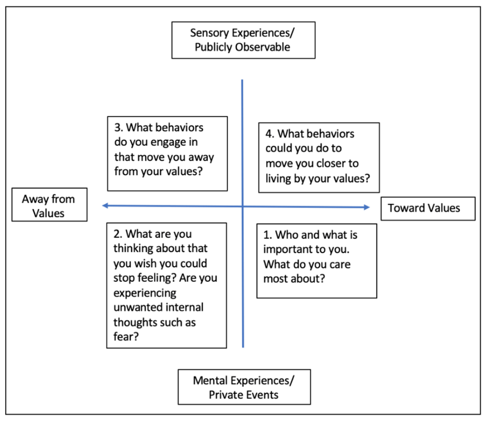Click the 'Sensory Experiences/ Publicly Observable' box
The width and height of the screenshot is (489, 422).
(x=243, y=40)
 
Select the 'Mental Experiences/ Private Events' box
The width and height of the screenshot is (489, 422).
(x=244, y=387)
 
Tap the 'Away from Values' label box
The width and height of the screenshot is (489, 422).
(x=49, y=204)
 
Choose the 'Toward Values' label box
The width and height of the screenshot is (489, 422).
(x=428, y=208)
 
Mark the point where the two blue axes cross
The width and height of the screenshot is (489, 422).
(x=243, y=206)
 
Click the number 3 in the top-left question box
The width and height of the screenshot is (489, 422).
(x=117, y=127)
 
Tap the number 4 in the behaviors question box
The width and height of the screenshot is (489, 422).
(x=269, y=134)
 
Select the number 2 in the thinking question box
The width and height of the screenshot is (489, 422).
(x=117, y=234)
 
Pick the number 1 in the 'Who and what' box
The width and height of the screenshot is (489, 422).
(x=266, y=235)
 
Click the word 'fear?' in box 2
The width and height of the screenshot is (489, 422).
(x=126, y=337)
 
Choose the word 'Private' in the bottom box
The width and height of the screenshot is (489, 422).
(x=224, y=395)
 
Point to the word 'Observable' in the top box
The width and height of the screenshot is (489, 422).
(x=263, y=47)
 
